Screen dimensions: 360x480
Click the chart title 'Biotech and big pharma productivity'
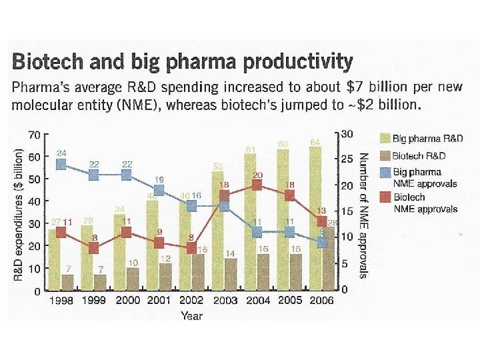183,63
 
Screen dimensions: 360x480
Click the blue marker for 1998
61,164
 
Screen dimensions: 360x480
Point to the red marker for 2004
257,185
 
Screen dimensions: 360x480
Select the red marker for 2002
192,248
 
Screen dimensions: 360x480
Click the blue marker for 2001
159,191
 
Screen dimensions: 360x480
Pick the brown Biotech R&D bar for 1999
100,283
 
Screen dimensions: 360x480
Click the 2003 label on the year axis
225,301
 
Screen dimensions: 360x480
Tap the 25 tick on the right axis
346,160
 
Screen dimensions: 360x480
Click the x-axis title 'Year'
192,315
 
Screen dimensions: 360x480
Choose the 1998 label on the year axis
61,301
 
